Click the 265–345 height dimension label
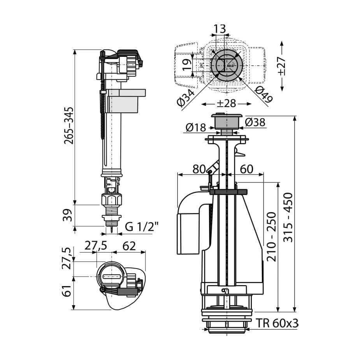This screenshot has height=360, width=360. pos(69,125)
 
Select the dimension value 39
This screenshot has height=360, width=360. pos(67,215)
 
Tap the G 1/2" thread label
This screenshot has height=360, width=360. pos(142,227)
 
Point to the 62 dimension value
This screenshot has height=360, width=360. pos(129,246)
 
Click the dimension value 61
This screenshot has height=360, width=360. pos(67,291)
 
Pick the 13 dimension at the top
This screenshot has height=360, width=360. pos(220,29)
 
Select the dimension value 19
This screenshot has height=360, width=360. pos(187,65)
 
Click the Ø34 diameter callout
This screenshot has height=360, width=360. pos(186,98)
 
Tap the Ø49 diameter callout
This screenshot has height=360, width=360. pos(264,94)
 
